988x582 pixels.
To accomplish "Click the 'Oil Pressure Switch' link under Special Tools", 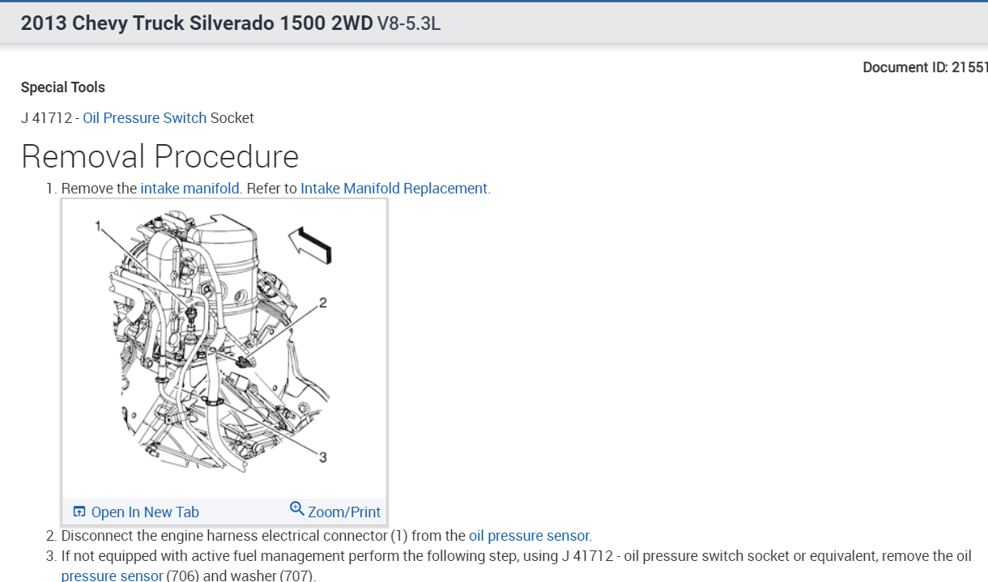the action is click(144, 118).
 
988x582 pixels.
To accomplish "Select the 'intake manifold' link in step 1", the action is click(190, 189).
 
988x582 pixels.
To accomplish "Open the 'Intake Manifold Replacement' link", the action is click(394, 189).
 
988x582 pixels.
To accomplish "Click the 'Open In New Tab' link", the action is click(145, 512).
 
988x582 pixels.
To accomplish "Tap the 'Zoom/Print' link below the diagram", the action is click(343, 512).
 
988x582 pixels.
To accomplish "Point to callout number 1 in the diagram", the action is click(98, 226).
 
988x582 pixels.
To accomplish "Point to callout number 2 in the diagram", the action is click(323, 303).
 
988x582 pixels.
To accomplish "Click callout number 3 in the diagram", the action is click(322, 458).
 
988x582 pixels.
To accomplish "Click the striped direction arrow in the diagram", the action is click(311, 242).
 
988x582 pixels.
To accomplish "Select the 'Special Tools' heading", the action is click(63, 87).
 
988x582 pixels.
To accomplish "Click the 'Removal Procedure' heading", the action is click(160, 156).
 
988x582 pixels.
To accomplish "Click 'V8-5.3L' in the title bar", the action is click(409, 23).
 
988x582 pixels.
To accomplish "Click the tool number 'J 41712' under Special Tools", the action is click(45, 118).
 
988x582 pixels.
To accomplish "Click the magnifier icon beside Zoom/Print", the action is click(297, 509).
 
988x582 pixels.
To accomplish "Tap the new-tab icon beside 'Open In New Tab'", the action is click(79, 512).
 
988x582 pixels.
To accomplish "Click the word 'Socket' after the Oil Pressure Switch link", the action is click(232, 118).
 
